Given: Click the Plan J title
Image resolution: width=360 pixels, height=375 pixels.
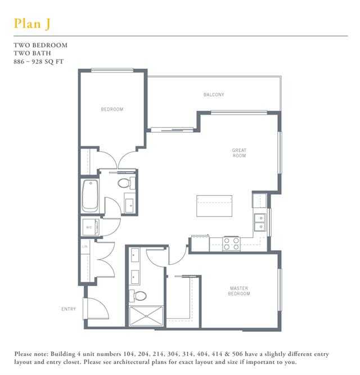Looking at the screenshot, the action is (32, 24).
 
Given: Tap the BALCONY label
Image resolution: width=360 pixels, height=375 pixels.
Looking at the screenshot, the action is (214, 94).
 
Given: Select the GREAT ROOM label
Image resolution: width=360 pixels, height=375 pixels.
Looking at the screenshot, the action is (239, 153).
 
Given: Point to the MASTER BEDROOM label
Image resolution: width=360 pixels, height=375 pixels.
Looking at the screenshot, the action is (239, 291).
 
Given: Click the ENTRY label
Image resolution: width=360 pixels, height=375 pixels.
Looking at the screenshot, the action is (69, 309).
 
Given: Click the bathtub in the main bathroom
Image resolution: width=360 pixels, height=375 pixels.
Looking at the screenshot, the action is (90, 196).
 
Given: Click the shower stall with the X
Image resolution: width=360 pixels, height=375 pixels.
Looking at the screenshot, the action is (146, 316).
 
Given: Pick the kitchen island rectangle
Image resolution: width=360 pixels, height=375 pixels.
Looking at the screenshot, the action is (214, 206).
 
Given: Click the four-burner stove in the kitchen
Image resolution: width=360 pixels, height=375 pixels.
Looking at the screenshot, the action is (231, 243).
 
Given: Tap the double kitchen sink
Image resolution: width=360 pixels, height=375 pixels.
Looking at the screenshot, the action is (260, 222).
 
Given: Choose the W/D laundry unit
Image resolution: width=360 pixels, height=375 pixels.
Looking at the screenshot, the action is (91, 227).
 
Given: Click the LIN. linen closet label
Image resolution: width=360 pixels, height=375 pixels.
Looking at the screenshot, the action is (85, 246).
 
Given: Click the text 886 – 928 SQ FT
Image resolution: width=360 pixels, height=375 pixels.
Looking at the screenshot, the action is (38, 62).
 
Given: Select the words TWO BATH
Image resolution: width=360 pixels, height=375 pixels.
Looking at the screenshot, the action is (32, 53).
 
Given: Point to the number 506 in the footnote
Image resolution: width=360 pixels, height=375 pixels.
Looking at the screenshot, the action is (237, 354).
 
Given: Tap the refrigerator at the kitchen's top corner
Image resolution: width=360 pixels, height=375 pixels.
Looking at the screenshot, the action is (259, 200).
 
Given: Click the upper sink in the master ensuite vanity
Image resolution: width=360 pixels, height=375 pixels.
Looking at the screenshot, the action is (135, 255).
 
